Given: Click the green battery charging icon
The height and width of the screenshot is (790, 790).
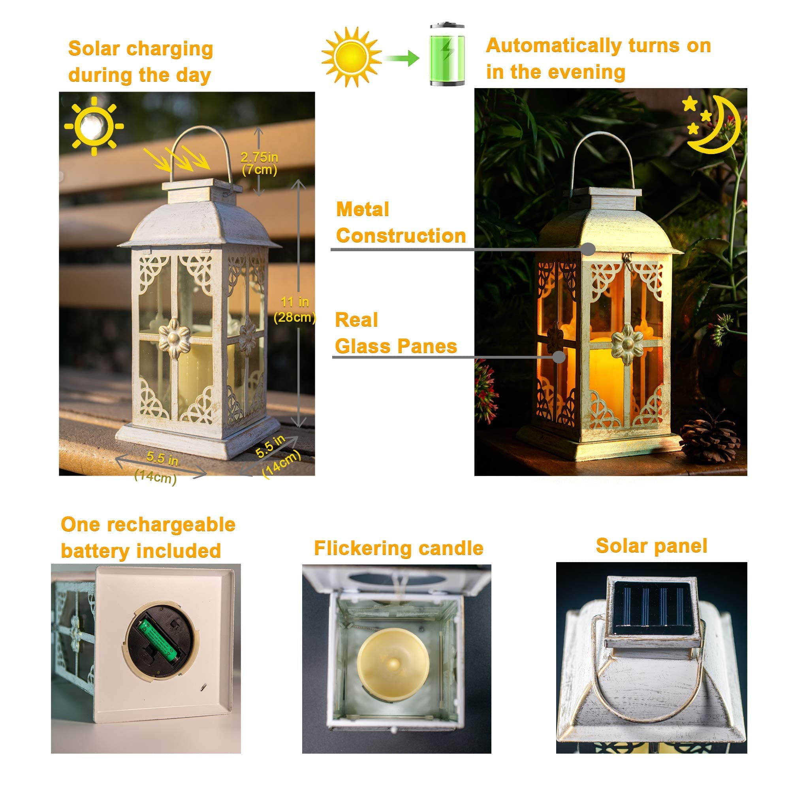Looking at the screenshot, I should coord(447,55).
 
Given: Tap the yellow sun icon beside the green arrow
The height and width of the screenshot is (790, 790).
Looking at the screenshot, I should coord(351,57).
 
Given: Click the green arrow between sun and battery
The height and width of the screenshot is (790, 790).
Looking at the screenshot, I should coord(402,58).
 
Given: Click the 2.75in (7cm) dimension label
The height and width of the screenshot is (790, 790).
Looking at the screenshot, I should coord(259,163).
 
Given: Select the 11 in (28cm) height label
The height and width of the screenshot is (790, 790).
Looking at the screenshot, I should coord(294,310).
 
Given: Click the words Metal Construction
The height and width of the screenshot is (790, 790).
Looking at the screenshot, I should coord(400,223).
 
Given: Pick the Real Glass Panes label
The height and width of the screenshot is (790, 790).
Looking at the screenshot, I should coord(395,333).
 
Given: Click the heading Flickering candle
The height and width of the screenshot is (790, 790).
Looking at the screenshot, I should coord(398,548).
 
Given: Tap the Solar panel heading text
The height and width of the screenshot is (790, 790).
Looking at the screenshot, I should coord(651,546).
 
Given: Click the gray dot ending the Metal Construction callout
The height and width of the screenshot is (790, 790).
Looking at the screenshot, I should coord(588,249).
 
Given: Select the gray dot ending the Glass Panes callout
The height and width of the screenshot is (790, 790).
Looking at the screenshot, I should coord(559,357).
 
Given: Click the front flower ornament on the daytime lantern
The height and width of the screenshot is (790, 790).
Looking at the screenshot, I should coord(175,338).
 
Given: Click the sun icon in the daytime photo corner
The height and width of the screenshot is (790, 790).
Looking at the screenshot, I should coord(94,126).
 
